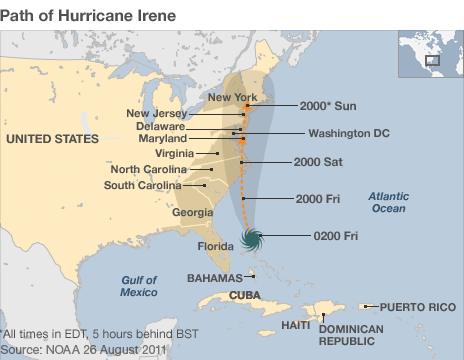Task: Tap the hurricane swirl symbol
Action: tap(252, 237)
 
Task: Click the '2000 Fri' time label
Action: tap(318, 198)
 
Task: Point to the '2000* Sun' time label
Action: tap(327, 105)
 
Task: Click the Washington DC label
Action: tap(347, 133)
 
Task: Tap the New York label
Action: tap(232, 97)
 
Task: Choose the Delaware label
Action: tap(160, 126)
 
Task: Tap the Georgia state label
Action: tap(192, 212)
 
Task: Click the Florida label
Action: tap(215, 246)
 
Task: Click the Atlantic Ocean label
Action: tap(387, 202)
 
